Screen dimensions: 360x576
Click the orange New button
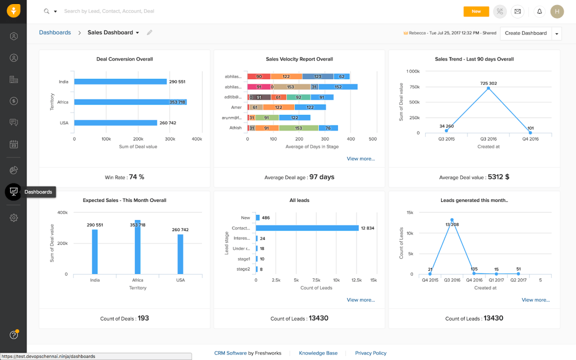476,11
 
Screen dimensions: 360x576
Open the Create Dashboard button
525,33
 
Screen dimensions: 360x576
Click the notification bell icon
539,11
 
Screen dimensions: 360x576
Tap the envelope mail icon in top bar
517,11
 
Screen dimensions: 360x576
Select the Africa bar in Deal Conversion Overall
130,102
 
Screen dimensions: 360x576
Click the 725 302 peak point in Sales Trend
488,88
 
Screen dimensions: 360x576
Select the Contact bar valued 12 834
307,228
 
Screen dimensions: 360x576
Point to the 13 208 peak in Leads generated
452,220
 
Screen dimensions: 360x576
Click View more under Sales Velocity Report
361,159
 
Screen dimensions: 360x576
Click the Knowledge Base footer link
318,353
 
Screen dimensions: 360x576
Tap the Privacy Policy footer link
371,353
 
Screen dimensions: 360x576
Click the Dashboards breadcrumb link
55,33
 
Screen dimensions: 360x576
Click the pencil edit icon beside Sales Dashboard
150,33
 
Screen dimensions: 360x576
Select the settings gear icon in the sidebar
13,218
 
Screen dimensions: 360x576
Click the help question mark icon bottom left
13,335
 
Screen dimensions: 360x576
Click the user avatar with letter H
557,11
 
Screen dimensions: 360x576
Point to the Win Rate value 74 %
137,177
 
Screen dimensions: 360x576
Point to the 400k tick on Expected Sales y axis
62,213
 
